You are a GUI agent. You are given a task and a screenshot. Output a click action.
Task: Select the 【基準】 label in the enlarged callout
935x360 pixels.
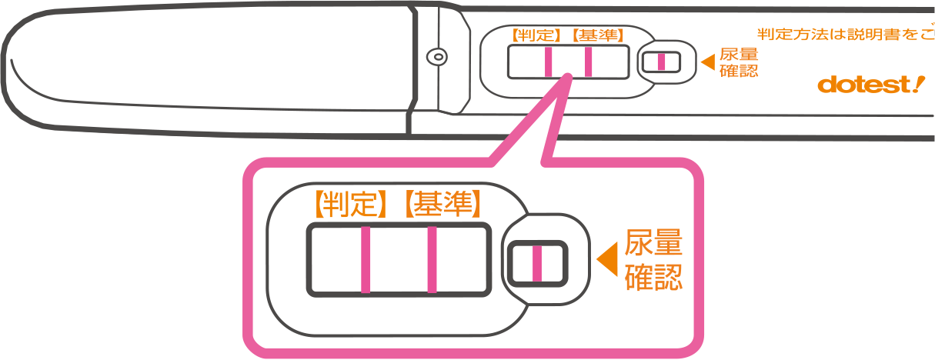point(444,202)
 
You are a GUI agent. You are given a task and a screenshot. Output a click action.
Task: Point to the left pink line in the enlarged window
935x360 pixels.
point(366,260)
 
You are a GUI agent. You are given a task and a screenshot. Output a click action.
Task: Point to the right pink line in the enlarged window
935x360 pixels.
point(432,260)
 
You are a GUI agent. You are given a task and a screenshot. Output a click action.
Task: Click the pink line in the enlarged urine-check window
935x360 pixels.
point(537,262)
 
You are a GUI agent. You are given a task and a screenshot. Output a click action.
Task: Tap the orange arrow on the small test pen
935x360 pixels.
point(706,61)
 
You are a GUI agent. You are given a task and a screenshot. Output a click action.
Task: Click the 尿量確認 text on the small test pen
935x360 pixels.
point(738,62)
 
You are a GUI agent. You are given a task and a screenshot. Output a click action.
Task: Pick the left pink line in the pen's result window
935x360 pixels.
point(548,62)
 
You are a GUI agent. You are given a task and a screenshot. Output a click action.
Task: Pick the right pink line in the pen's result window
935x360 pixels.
point(588,62)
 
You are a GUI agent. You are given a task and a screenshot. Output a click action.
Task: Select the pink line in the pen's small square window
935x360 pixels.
point(661,62)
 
